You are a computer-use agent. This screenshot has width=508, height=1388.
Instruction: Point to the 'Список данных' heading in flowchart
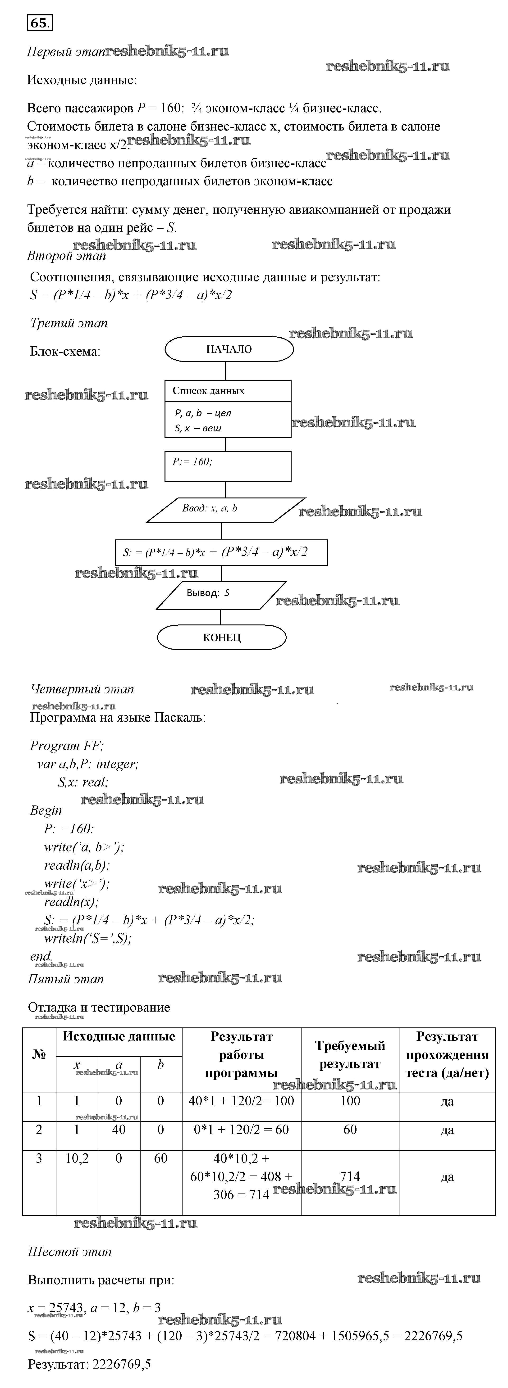[209, 391]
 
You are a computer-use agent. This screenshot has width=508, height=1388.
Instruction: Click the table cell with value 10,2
[77, 1158]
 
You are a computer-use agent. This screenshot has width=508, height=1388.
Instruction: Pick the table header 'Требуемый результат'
[350, 1054]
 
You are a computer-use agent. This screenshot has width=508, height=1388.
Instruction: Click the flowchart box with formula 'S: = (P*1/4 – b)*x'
[221, 552]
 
